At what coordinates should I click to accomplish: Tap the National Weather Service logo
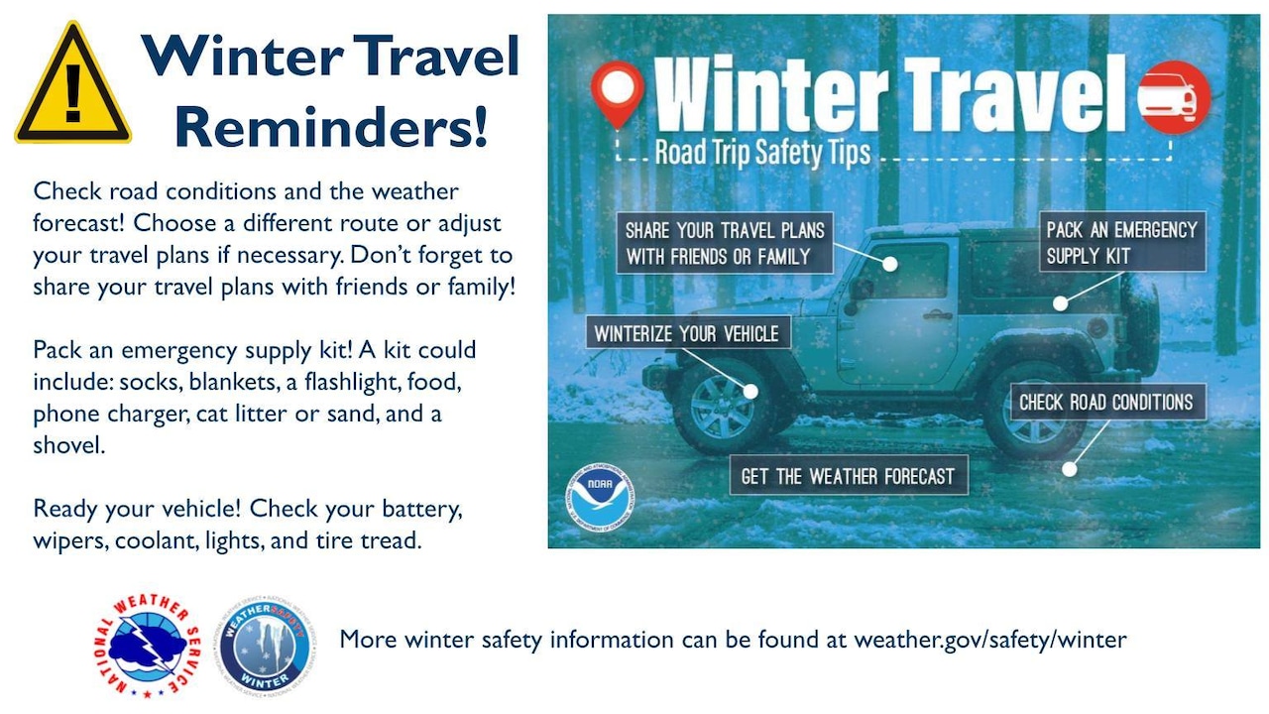[x=146, y=646]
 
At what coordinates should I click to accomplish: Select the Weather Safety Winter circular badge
[x=267, y=646]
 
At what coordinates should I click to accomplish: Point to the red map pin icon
[x=618, y=92]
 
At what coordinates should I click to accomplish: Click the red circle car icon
[x=1174, y=97]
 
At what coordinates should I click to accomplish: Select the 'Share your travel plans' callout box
[x=725, y=243]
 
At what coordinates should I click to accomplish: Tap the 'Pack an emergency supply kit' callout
[x=1122, y=242]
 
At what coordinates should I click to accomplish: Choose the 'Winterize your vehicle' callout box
[x=687, y=333]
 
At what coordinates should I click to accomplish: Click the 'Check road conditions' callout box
[x=1106, y=403]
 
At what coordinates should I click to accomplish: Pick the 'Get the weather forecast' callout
[x=848, y=476]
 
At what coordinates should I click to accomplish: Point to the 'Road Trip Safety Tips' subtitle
[x=762, y=153]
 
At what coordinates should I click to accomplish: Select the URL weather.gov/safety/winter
[x=990, y=640]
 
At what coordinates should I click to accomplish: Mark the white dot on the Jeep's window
[x=891, y=265]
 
